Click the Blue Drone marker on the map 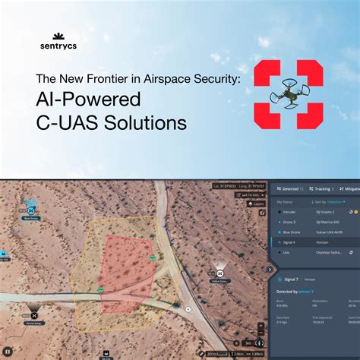(30, 210)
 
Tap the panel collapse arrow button (270, 268)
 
